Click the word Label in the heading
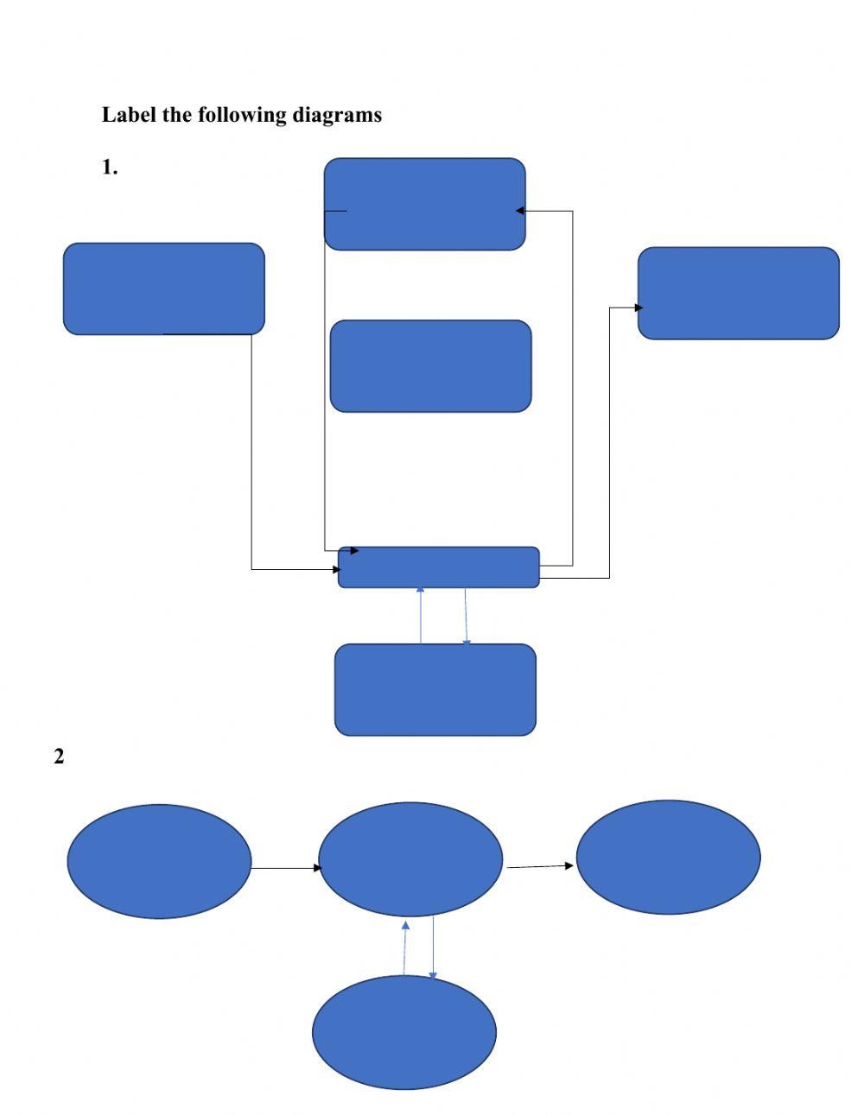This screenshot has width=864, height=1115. click(x=129, y=114)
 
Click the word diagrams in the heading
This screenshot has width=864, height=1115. click(x=336, y=114)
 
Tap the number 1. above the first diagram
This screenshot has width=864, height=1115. click(x=110, y=168)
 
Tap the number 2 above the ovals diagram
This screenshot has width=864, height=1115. click(x=59, y=757)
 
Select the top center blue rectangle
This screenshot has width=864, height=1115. click(x=424, y=204)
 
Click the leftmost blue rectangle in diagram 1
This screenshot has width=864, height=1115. click(x=163, y=288)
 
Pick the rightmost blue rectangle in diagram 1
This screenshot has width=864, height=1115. click(x=738, y=293)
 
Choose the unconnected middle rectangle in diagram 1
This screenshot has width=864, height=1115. click(x=430, y=366)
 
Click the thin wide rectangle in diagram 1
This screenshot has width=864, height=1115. click(x=438, y=567)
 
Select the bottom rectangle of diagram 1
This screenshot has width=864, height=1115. click(x=435, y=689)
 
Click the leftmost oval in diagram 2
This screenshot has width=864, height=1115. click(x=159, y=861)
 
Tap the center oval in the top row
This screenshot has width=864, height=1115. click(x=410, y=858)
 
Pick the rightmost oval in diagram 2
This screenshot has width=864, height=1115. click(x=668, y=857)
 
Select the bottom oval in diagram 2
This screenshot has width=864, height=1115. click(x=403, y=1032)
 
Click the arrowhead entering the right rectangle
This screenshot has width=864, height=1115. click(x=638, y=307)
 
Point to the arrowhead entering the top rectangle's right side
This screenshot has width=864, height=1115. click(x=520, y=211)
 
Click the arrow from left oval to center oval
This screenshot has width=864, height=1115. click(x=285, y=867)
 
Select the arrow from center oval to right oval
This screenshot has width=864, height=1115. click(x=539, y=866)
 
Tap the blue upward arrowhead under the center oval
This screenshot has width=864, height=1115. click(x=406, y=925)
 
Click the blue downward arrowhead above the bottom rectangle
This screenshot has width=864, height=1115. click(x=467, y=641)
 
